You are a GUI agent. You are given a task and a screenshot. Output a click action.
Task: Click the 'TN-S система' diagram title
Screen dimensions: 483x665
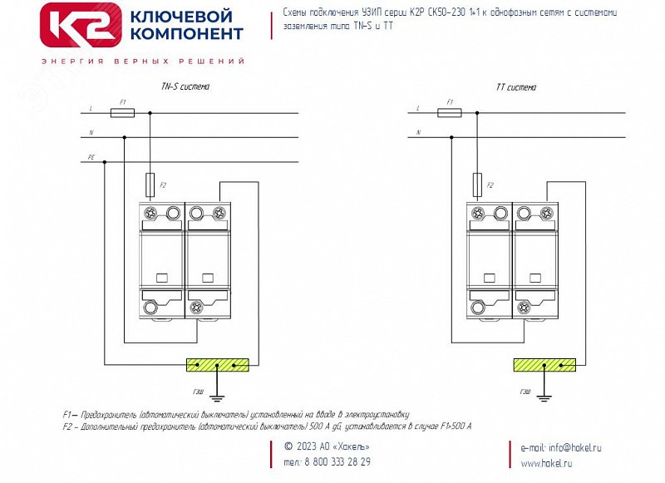185,86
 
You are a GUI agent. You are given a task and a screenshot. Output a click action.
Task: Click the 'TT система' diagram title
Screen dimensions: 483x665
515,86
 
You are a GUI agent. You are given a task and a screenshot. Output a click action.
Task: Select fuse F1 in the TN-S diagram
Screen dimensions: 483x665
122,112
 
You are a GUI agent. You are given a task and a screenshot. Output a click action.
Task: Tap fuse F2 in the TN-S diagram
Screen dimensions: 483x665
150,182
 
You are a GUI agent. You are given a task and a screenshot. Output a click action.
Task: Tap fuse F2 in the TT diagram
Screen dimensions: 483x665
477,182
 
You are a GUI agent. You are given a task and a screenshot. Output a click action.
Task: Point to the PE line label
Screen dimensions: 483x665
91,157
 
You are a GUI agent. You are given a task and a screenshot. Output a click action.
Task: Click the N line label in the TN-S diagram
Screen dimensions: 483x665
91,133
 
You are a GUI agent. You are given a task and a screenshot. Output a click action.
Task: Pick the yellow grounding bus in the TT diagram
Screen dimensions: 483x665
545,364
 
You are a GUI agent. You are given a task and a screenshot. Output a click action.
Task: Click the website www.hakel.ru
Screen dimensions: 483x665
547,463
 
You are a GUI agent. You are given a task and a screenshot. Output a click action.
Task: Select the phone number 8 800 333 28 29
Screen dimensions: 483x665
338,462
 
